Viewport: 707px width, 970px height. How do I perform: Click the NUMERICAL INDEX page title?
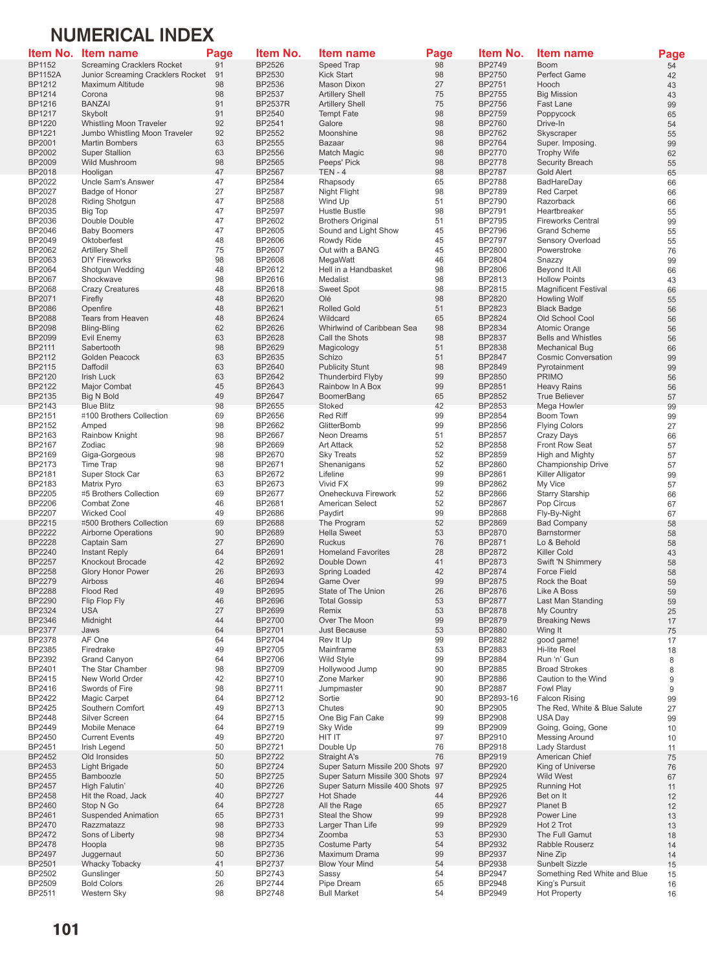(x=132, y=35)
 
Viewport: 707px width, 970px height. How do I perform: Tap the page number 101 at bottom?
(x=65, y=930)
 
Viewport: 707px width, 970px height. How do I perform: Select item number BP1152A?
(x=44, y=75)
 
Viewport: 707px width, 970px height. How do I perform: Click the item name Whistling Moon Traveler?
(x=124, y=124)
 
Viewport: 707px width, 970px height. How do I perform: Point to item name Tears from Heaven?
(x=114, y=318)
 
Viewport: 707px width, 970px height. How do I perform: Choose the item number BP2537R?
(x=272, y=104)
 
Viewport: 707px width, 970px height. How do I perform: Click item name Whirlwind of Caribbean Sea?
(x=367, y=328)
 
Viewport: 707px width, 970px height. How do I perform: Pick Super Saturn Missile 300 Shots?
(x=374, y=776)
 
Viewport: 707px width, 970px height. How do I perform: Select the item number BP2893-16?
(x=498, y=698)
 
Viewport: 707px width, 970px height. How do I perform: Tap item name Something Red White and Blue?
(x=592, y=874)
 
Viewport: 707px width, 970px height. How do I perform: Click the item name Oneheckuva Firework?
(x=357, y=494)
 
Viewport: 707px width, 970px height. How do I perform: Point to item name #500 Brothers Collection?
(x=124, y=523)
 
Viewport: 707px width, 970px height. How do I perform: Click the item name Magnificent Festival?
(x=572, y=289)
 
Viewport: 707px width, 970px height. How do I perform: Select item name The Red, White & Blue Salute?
(x=589, y=708)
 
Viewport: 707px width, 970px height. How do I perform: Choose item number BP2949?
(x=492, y=893)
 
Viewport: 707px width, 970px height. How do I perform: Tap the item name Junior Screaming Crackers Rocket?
(x=144, y=75)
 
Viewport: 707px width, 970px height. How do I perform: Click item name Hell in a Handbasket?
(x=355, y=270)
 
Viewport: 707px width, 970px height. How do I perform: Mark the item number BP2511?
(x=42, y=893)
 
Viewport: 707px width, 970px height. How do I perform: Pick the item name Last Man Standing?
(x=569, y=601)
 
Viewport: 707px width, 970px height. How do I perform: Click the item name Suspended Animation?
(x=120, y=815)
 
